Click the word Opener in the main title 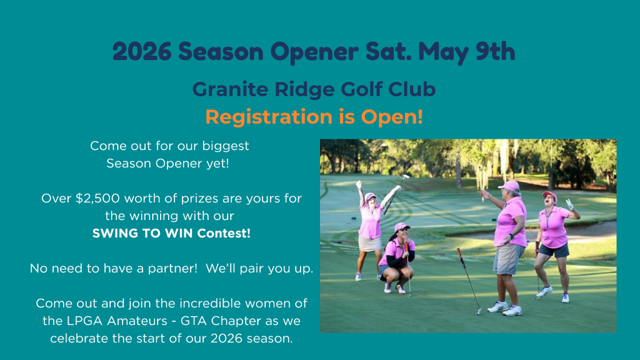[314, 52]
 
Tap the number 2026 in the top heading [142, 51]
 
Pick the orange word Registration [269, 117]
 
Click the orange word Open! [392, 117]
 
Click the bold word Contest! [224, 234]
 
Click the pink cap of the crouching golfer [402, 226]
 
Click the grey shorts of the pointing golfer [507, 259]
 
